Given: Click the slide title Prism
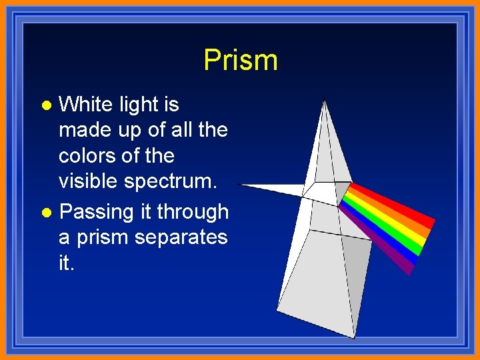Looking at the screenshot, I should coord(240,60).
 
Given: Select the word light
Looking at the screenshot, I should coord(139,105).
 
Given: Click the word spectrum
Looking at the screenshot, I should coord(176,181).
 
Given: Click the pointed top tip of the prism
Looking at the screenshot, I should coord(324,101).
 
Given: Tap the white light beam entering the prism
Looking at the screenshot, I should coord(273,189).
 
